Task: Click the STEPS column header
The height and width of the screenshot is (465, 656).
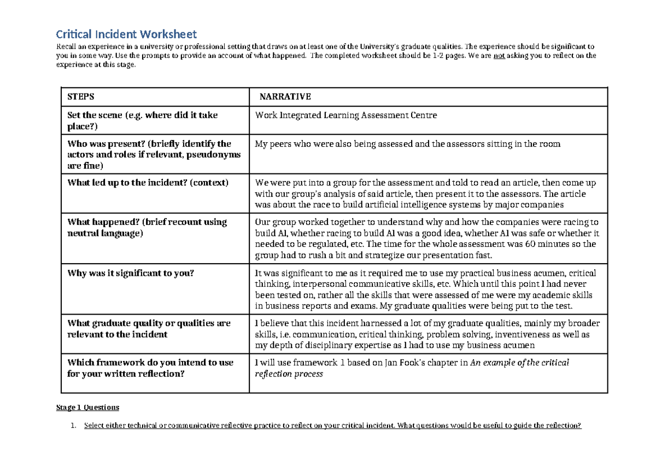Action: [81, 97]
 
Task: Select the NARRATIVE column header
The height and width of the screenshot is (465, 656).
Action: [285, 97]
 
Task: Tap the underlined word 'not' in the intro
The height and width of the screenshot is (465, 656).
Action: [499, 56]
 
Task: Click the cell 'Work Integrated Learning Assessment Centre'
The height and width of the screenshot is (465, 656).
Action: [346, 115]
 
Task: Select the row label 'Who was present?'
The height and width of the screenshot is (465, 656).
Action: [104, 144]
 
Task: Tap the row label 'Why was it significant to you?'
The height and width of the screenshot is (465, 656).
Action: [130, 274]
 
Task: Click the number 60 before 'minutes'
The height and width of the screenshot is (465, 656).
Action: [530, 244]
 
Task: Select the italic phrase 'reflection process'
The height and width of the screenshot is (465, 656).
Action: [289, 374]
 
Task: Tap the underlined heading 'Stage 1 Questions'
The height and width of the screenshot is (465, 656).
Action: [87, 408]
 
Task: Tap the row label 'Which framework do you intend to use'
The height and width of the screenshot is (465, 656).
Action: [150, 362]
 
